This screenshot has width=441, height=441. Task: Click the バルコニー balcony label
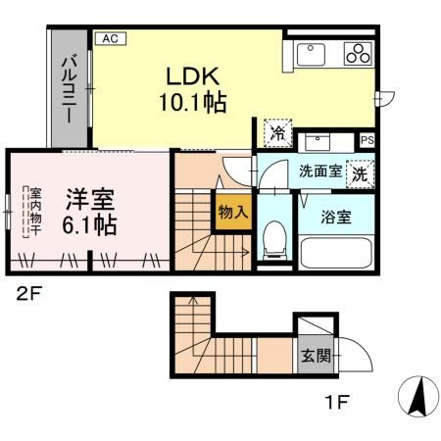tap(70, 88)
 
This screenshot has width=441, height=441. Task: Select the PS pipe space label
tap(367, 140)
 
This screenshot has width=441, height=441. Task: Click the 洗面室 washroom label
tap(319, 171)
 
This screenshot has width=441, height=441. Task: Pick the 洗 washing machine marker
tap(360, 174)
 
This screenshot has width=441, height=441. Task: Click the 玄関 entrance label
tap(313, 356)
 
